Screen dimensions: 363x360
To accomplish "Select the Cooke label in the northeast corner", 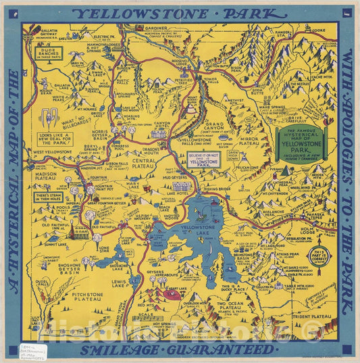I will pyautogui.click(x=319, y=30).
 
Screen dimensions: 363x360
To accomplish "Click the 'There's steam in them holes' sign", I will pyautogui.click(x=49, y=197).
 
